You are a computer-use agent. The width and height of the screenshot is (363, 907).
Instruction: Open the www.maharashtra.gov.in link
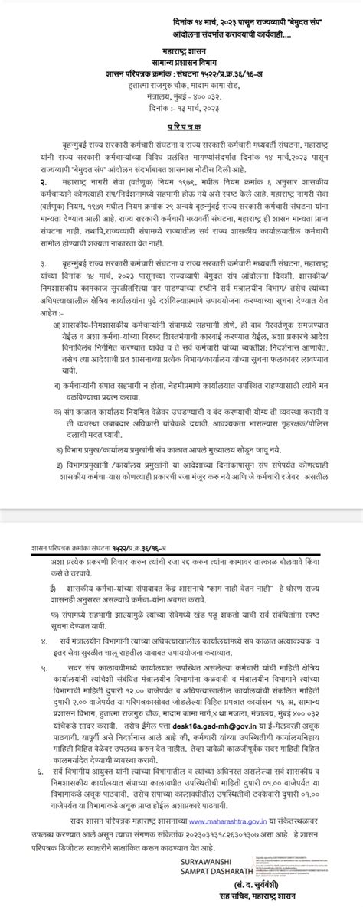(x=230, y=825)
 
